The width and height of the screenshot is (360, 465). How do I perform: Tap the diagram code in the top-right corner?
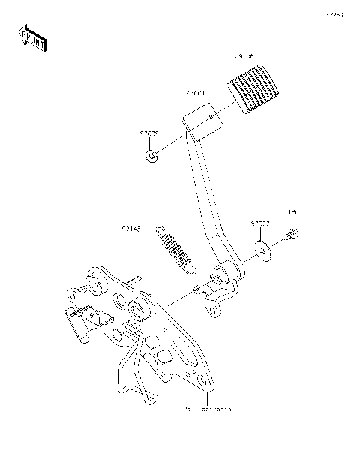(x=333, y=14)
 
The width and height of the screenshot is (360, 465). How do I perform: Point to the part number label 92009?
(x=148, y=133)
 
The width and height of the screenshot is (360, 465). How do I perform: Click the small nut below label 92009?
(x=151, y=157)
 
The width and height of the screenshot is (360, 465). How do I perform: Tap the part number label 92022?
(x=260, y=223)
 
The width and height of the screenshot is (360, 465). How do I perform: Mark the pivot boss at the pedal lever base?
(x=222, y=273)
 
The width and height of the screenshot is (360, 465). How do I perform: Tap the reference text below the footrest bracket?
(x=206, y=409)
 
